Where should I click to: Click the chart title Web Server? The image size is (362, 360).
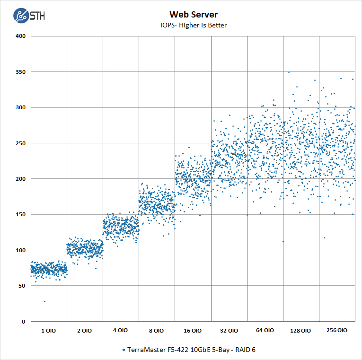(x=186, y=15)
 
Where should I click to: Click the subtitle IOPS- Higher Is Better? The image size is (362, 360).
(x=186, y=25)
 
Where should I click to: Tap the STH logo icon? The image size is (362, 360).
(x=21, y=16)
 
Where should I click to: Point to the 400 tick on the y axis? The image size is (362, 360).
(x=21, y=36)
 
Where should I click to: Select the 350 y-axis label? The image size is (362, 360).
(x=21, y=72)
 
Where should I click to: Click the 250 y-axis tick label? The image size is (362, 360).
(x=21, y=143)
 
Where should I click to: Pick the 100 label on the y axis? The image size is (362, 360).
(x=21, y=250)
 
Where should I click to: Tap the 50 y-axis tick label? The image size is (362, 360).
(x=22, y=286)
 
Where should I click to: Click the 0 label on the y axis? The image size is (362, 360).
(x=24, y=322)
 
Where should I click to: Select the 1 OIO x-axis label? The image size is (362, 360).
(x=48, y=331)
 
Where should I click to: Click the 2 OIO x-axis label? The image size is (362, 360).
(x=84, y=331)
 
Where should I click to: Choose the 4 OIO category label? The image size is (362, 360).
(x=120, y=331)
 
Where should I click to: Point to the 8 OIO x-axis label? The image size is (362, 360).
(x=156, y=331)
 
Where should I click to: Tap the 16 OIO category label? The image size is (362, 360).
(x=192, y=331)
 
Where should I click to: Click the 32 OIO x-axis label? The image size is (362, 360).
(x=229, y=331)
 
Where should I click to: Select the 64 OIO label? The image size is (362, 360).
(x=265, y=331)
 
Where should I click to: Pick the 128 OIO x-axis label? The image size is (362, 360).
(x=300, y=331)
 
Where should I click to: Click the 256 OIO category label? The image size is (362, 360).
(x=336, y=331)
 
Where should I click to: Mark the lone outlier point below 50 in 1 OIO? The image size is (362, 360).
(x=45, y=301)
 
